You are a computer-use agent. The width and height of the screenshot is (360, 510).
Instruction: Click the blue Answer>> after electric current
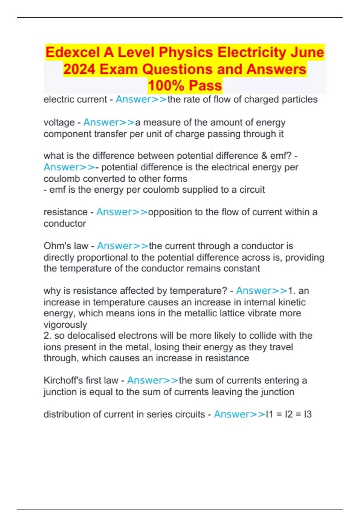click(x=141, y=99)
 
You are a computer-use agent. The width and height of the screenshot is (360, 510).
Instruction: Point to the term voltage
click(x=59, y=122)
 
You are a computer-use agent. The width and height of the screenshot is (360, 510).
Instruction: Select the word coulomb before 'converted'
click(x=62, y=178)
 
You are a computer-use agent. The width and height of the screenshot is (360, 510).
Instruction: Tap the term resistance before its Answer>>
click(x=65, y=212)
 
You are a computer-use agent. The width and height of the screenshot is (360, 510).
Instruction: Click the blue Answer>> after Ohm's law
click(x=122, y=246)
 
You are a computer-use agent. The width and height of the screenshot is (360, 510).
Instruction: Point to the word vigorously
click(x=65, y=325)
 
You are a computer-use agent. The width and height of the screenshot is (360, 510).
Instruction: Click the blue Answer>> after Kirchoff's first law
click(x=153, y=380)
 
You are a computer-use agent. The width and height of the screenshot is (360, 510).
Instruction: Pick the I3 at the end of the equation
click(x=307, y=414)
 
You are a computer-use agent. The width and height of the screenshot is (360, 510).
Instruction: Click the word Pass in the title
click(x=205, y=86)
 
